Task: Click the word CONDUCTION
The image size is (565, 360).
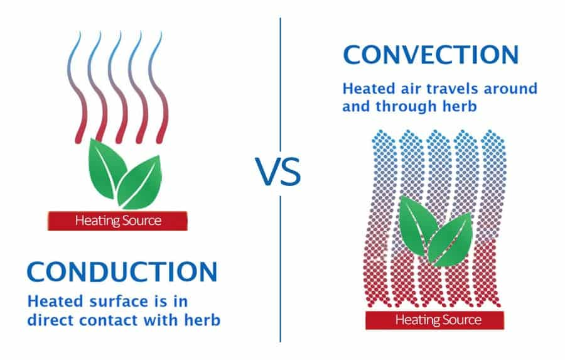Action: (x=122, y=271)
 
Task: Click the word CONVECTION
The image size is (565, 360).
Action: (x=431, y=55)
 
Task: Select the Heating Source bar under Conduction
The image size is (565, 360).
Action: (x=118, y=221)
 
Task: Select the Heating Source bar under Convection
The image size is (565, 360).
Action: (x=438, y=320)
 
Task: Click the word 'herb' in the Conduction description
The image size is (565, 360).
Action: (x=202, y=320)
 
